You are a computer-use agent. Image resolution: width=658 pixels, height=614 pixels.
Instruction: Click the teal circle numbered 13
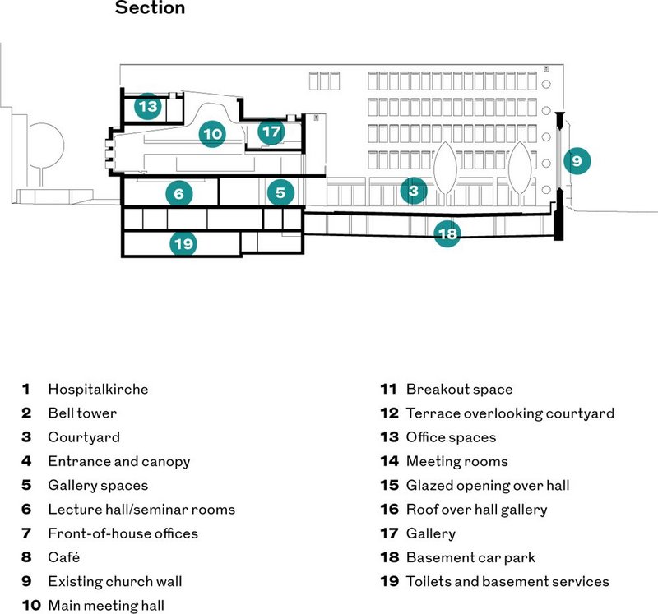(148, 106)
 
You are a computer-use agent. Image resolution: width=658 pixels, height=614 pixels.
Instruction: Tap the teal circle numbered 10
(212, 134)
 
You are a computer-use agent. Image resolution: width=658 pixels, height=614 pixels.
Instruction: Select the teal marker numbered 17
(271, 132)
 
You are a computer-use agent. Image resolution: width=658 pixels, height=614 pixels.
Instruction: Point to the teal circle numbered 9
(577, 160)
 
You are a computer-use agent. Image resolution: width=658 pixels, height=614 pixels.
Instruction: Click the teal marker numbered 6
(179, 193)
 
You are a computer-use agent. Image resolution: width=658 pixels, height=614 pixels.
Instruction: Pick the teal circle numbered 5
(280, 192)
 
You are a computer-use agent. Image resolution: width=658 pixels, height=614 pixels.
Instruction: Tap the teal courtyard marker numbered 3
(414, 191)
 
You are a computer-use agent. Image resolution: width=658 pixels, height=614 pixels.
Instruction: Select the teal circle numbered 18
(447, 233)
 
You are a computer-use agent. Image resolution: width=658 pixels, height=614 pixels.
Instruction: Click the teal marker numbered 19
(183, 243)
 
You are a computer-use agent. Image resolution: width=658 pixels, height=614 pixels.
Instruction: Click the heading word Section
(150, 7)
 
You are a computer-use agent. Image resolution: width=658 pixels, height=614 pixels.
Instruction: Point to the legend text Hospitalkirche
(98, 390)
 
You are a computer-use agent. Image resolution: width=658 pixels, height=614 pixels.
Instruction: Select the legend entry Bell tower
(82, 413)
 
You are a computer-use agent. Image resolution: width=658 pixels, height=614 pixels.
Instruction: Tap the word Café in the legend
(64, 557)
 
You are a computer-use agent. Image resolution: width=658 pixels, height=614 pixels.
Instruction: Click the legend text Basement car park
(470, 558)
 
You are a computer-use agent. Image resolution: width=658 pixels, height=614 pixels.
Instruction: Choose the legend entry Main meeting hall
(106, 606)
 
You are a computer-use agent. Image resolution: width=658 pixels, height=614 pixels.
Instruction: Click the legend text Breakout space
(460, 390)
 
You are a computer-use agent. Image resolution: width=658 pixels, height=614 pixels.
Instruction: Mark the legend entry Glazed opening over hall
(488, 486)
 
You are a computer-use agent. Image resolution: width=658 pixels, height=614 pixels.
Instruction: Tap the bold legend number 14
(389, 461)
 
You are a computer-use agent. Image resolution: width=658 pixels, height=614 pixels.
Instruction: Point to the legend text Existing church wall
(115, 582)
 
